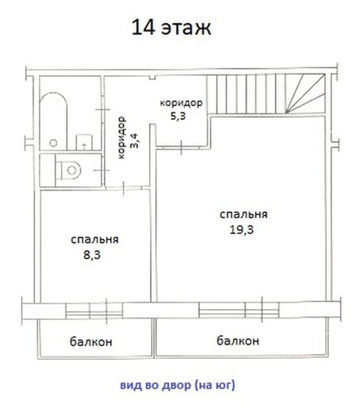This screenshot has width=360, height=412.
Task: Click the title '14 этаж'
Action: tap(171, 28)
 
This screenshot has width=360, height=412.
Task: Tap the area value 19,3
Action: tap(242, 230)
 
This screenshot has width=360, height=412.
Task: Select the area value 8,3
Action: tap(92, 255)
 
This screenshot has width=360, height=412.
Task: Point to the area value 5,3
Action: tap(178, 116)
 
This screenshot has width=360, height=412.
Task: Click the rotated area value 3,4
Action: tap(134, 140)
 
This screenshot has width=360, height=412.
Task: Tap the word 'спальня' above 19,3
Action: tap(243, 215)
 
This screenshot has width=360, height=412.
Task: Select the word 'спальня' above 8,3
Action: tap(94, 239)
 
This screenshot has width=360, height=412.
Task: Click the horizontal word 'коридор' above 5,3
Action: tap(182, 103)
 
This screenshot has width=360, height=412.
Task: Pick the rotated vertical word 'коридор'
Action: tap(121, 138)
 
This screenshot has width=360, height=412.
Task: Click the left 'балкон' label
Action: tap(91, 341)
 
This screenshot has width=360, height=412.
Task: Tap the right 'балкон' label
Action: tap(238, 341)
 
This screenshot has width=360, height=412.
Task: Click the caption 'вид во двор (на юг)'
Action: tap(178, 385)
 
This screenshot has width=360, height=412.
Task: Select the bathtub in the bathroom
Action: tap(54, 121)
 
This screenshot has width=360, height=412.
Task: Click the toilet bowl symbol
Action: tap(68, 170)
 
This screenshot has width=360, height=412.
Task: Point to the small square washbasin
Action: tap(84, 143)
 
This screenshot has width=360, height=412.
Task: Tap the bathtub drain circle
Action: tap(53, 143)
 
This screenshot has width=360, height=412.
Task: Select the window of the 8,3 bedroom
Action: tap(94, 311)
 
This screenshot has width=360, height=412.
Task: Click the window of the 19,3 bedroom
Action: tap(239, 310)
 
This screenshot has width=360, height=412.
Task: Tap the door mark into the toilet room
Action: tap(101, 170)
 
